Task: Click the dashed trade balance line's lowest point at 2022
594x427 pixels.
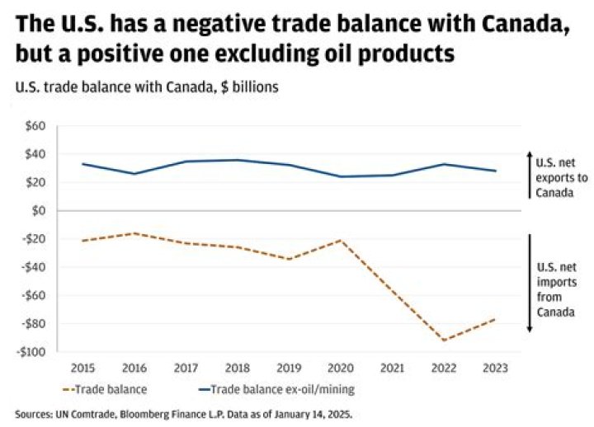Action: [445, 340]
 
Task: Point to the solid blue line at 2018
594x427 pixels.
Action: [238, 160]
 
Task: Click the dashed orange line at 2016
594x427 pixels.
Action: [134, 233]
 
